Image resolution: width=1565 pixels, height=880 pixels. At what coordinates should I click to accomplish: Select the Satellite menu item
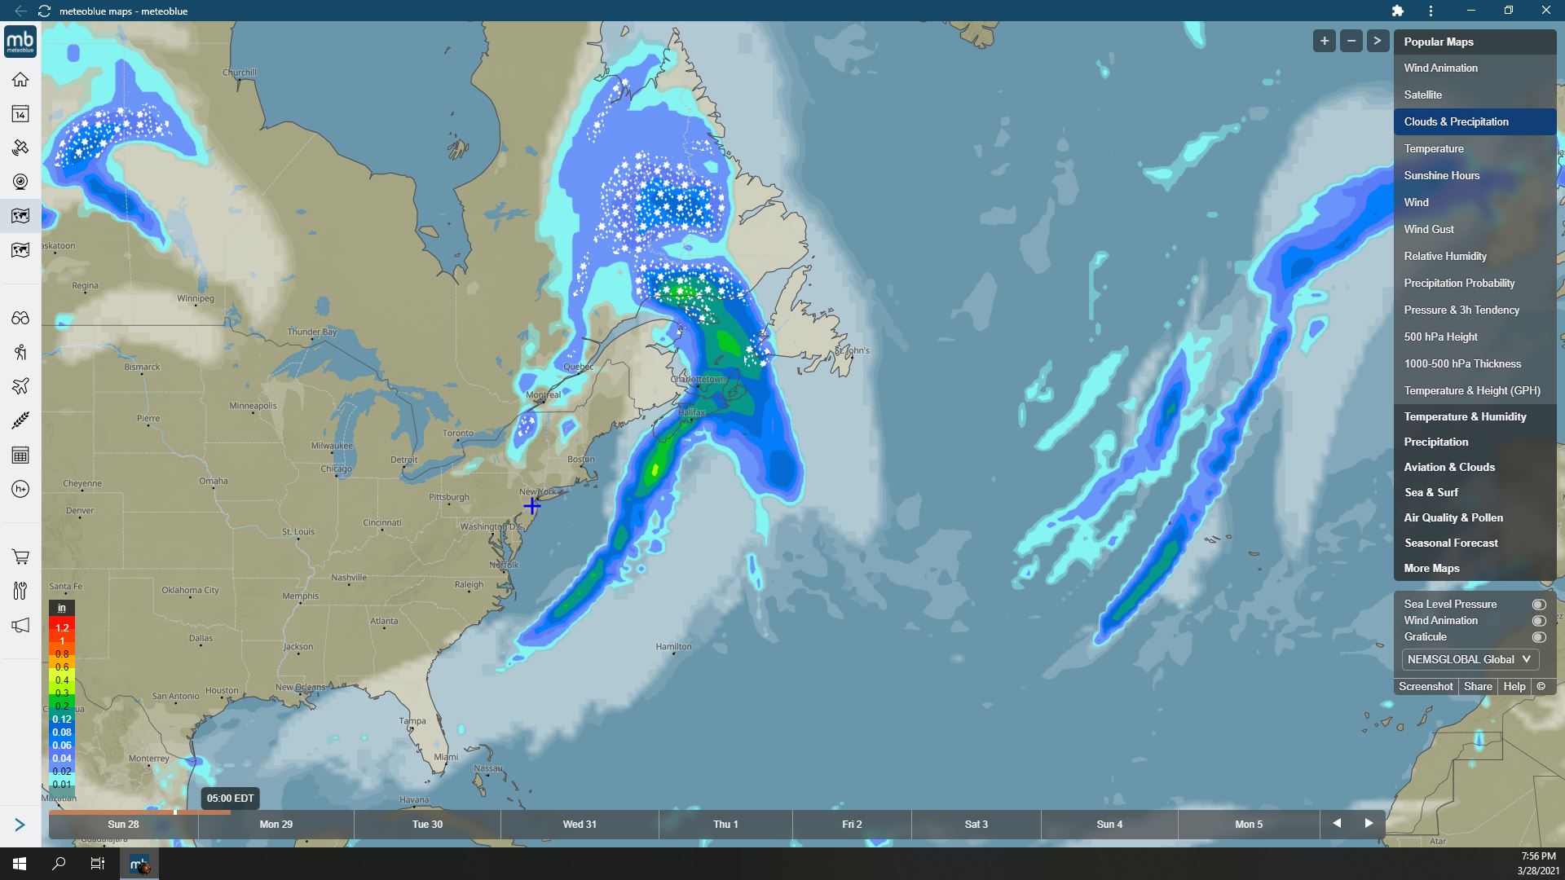[1422, 95]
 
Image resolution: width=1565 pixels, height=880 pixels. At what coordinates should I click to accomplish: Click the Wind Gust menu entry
[1428, 229]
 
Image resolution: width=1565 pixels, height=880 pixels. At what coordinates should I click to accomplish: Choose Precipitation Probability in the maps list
[1459, 283]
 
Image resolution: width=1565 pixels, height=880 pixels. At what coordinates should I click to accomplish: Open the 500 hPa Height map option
[1440, 337]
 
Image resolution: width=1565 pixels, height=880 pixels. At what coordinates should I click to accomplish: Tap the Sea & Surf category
[1431, 492]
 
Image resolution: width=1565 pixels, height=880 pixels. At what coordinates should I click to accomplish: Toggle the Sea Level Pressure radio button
[1538, 605]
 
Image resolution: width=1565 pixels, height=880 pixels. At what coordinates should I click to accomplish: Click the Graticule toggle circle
[1538, 637]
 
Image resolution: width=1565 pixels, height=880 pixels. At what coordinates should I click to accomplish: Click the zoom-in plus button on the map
[1324, 41]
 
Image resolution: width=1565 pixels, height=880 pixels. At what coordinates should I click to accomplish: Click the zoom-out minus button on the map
[1351, 41]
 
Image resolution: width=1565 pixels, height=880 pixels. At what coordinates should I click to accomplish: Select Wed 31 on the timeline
[580, 825]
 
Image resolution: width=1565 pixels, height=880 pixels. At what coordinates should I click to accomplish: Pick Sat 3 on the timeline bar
[976, 825]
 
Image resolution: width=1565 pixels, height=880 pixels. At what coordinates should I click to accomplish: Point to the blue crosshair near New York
[531, 506]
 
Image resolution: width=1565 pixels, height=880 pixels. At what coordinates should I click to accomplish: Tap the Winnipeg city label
[196, 298]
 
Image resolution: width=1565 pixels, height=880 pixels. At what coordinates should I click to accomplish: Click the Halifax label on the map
[691, 412]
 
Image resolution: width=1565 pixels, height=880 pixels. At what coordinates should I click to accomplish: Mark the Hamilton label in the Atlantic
[674, 647]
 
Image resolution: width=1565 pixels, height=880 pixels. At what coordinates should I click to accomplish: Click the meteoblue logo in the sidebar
[20, 42]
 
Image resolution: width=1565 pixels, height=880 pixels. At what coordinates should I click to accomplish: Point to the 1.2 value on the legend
[62, 628]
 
